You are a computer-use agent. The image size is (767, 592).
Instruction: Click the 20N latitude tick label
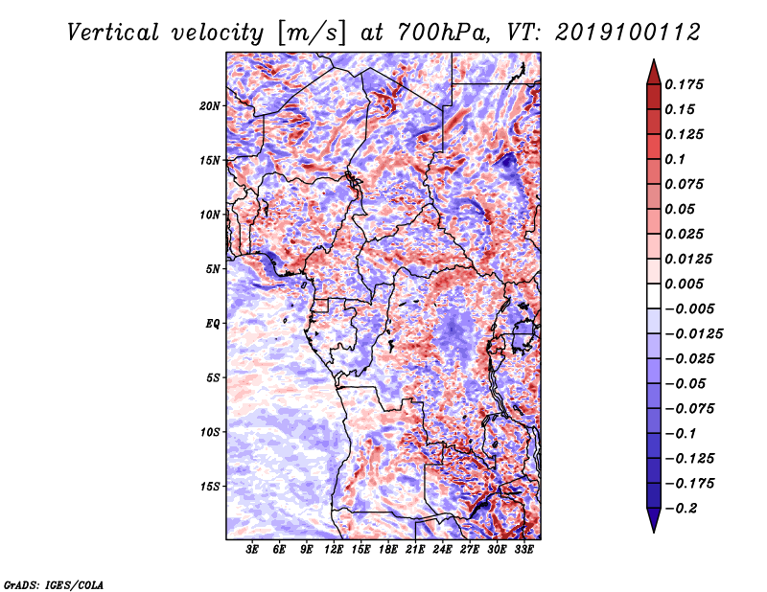click(x=210, y=106)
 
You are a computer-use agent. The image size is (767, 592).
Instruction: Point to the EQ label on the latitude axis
click(x=213, y=324)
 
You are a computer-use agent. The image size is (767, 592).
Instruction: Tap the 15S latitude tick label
click(x=210, y=487)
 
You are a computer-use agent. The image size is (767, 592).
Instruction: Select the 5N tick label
click(x=213, y=269)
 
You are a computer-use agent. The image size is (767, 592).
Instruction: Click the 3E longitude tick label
click(x=252, y=549)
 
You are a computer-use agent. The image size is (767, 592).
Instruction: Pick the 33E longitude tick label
click(x=523, y=549)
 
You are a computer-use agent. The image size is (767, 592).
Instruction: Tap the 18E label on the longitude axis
click(x=388, y=549)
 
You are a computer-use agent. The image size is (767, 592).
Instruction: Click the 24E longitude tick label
click(x=442, y=549)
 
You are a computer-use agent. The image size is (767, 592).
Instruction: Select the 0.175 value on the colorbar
click(x=684, y=84)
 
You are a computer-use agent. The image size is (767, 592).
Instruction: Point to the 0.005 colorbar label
click(x=684, y=284)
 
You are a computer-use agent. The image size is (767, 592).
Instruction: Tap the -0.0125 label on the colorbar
click(x=693, y=334)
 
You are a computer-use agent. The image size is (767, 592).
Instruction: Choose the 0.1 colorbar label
click(x=675, y=159)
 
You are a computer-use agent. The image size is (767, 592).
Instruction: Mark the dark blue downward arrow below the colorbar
click(x=654, y=520)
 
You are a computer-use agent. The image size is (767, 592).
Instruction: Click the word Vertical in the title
click(x=113, y=33)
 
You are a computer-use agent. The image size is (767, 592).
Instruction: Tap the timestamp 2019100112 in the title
click(x=628, y=33)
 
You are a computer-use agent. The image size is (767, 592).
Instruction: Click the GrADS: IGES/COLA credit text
click(x=54, y=585)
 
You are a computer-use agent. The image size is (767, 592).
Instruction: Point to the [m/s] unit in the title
click(x=312, y=33)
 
